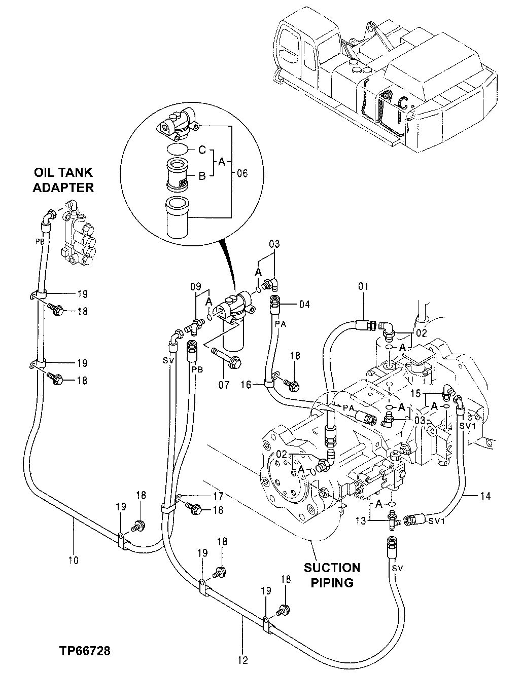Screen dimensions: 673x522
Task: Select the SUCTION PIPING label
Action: coord(332,575)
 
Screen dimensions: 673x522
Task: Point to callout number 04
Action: coord(304,305)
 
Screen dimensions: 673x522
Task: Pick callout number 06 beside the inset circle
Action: coord(242,173)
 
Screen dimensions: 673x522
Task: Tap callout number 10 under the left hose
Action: coord(73,560)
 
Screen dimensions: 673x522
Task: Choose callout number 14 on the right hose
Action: coord(485,496)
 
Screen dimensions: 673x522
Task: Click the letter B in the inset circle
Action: coord(201,176)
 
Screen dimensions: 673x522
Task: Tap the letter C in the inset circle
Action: coord(201,150)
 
